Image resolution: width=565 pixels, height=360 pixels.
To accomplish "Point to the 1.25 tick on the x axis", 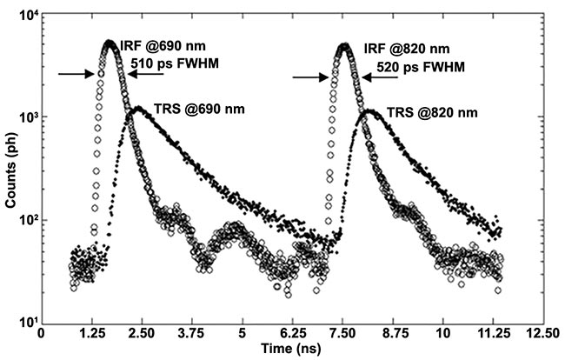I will [x=91, y=332].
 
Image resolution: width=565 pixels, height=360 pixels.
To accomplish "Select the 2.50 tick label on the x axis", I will [x=142, y=332].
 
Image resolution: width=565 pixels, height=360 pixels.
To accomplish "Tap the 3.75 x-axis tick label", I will [x=192, y=332].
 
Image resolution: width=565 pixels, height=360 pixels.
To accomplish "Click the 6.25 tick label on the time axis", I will [x=293, y=332].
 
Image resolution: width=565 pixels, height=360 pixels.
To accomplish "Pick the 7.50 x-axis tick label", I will [x=343, y=332].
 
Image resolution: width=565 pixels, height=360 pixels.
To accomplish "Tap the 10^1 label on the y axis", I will [x=25, y=323].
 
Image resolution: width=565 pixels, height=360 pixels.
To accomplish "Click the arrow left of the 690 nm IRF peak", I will [x=76, y=75].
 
